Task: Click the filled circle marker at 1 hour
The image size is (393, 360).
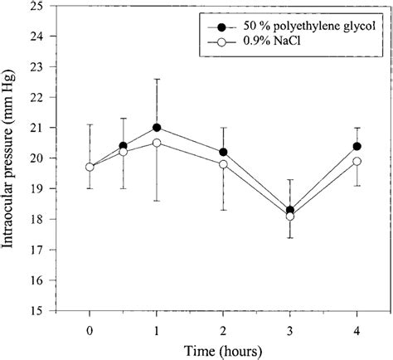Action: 157,128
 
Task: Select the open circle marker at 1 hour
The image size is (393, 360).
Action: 157,143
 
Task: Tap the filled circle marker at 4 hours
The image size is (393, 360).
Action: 357,146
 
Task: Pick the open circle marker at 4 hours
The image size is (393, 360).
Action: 357,161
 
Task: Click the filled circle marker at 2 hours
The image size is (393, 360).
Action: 223,152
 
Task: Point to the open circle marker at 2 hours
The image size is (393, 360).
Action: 223,164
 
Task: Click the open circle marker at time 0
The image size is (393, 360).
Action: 90,167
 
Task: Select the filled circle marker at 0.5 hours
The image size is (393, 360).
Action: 123,146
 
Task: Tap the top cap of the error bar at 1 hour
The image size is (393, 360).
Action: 157,79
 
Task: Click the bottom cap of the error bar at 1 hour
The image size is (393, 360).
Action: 157,201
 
